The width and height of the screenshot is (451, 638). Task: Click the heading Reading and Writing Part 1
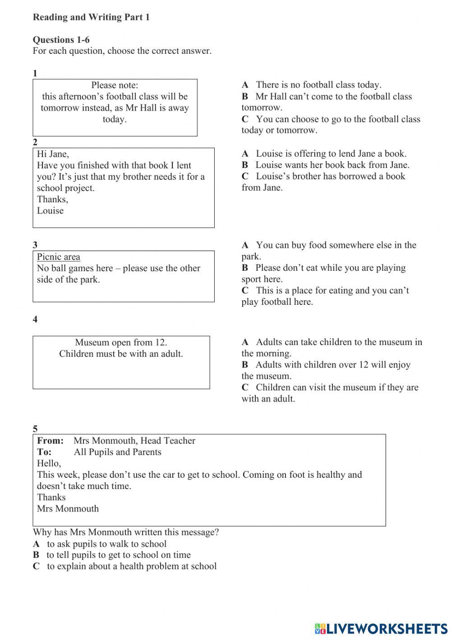pos(91,17)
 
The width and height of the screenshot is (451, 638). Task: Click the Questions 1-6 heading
pos(61,40)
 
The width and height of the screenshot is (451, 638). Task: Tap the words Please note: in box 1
pos(115,85)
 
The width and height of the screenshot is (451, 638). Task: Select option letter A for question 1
pos(245,85)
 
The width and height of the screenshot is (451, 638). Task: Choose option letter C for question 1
pos(245,119)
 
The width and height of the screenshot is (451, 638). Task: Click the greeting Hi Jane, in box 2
pos(53,154)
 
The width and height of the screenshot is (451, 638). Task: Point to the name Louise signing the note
pos(50,211)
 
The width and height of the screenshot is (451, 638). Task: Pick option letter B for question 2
pos(245,165)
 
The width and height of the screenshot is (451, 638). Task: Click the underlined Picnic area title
pos(59,257)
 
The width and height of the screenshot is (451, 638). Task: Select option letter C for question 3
pos(245,291)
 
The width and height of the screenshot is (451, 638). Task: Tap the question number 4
pos(35,320)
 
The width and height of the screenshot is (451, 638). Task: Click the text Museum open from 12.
pos(121,343)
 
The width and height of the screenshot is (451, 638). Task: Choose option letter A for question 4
pos(245,342)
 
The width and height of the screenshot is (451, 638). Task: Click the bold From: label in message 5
pos(50,441)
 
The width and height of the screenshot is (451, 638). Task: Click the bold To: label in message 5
pos(44,452)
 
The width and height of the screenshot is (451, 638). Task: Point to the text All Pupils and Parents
pos(117,452)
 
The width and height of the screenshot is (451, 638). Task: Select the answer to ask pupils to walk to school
pos(106,544)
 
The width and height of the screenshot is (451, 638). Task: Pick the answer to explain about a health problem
pos(131,567)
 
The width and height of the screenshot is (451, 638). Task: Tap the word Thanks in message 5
pos(51,498)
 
